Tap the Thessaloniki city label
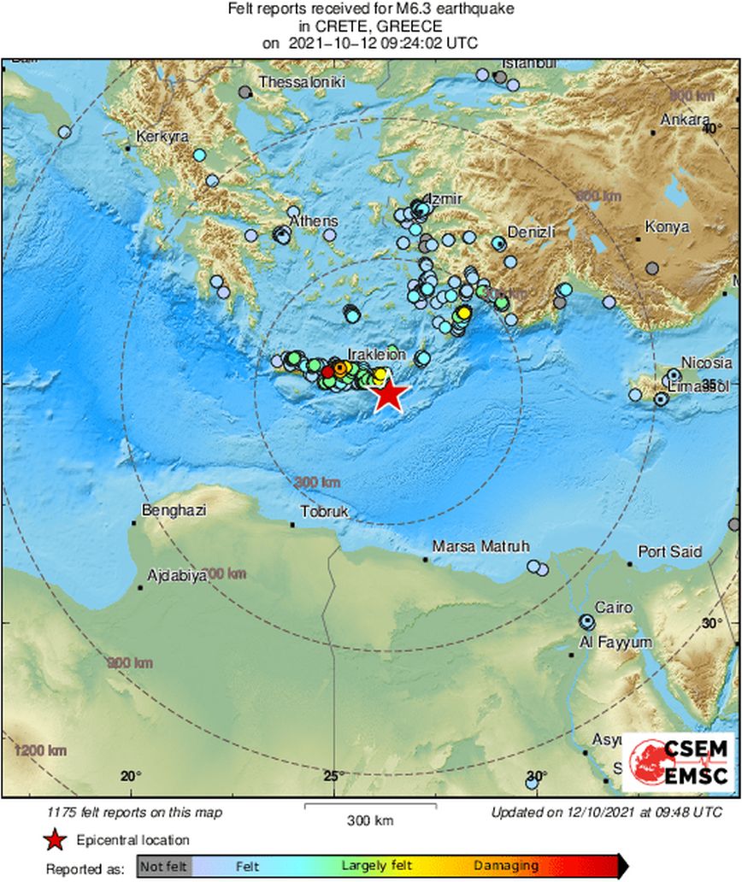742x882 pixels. pos(301,82)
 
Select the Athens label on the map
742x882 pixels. pos(313,221)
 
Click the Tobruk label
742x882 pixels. pos(322,514)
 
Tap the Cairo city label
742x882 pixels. pos(614,608)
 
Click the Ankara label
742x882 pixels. pos(686,120)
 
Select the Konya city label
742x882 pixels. pos(667,227)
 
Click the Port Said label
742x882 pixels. pos(669,552)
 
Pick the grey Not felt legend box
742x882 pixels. pos(164,866)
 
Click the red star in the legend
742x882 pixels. pos(56,840)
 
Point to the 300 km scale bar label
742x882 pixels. pos(370,821)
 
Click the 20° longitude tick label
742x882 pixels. pos(131,776)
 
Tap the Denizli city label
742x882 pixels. pos(532,232)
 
